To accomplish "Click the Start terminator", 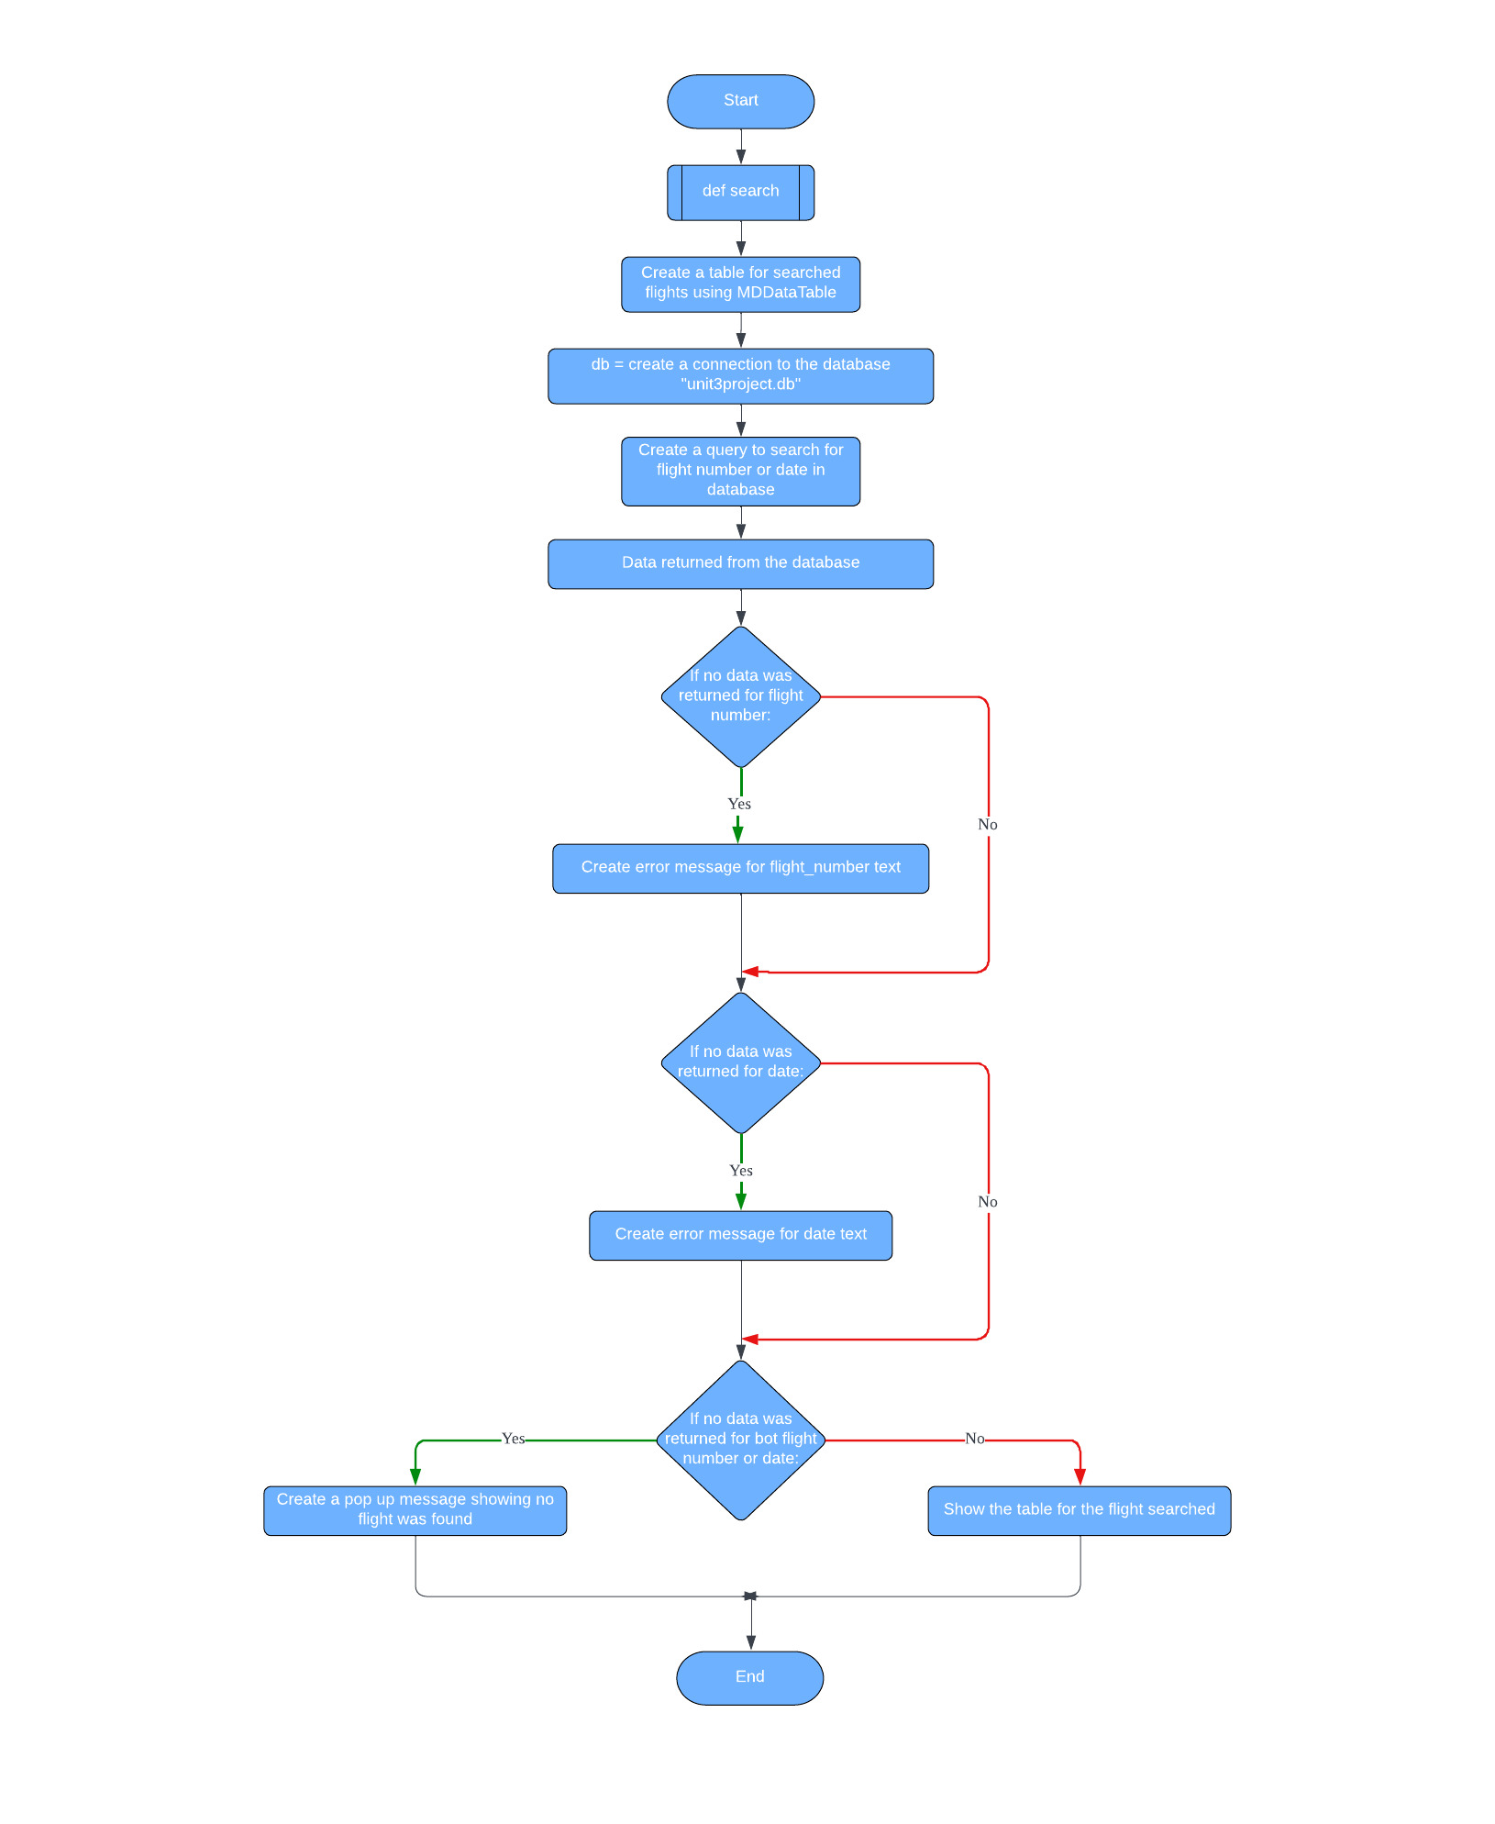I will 740,101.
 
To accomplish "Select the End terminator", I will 749,1677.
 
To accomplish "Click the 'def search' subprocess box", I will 740,192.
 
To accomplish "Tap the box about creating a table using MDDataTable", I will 740,284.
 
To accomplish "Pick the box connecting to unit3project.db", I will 740,375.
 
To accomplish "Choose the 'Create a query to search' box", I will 740,471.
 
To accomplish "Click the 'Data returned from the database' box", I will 740,563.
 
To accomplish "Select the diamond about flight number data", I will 740,696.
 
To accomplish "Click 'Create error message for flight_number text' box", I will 740,868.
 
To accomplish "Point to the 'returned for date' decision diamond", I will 740,1062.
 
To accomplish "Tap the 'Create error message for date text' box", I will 740,1235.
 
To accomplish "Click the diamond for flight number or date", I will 740,1440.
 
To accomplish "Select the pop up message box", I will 415,1510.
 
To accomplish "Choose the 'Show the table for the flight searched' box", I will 1079,1510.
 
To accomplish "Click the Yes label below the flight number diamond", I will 739,805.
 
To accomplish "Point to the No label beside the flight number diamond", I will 988,825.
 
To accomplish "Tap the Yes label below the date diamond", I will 740,1171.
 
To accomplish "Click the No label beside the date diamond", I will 988,1202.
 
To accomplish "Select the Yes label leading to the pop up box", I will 514,1439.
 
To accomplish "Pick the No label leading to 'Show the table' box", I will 975,1439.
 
